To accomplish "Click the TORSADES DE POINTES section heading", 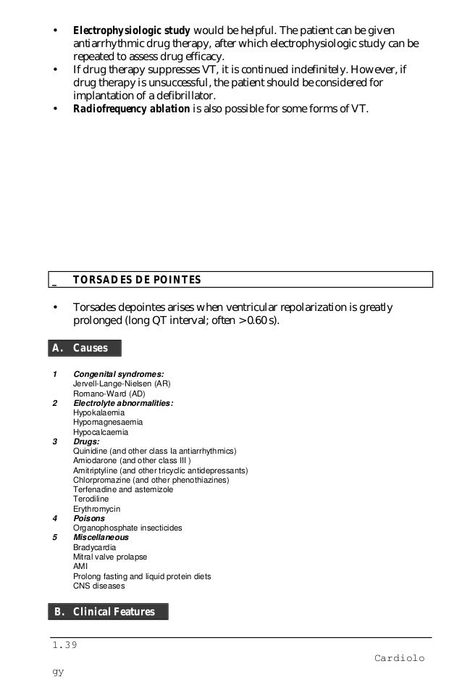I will coord(137,280).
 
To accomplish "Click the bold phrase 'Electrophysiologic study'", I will coord(131,31).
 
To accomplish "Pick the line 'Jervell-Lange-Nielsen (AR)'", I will coord(122,384).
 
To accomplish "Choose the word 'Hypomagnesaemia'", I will coord(108,422).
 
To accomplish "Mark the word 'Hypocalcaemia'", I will coord(101,432).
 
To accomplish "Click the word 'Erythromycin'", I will coord(97,509).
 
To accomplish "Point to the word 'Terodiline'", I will coord(93,499).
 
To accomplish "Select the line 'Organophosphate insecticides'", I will coord(127,528).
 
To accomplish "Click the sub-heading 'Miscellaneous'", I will coord(101,538).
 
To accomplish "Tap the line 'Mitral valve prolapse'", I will coord(110,557).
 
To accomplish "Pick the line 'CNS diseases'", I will coord(98,586).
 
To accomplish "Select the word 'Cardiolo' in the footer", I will coord(399,658).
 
